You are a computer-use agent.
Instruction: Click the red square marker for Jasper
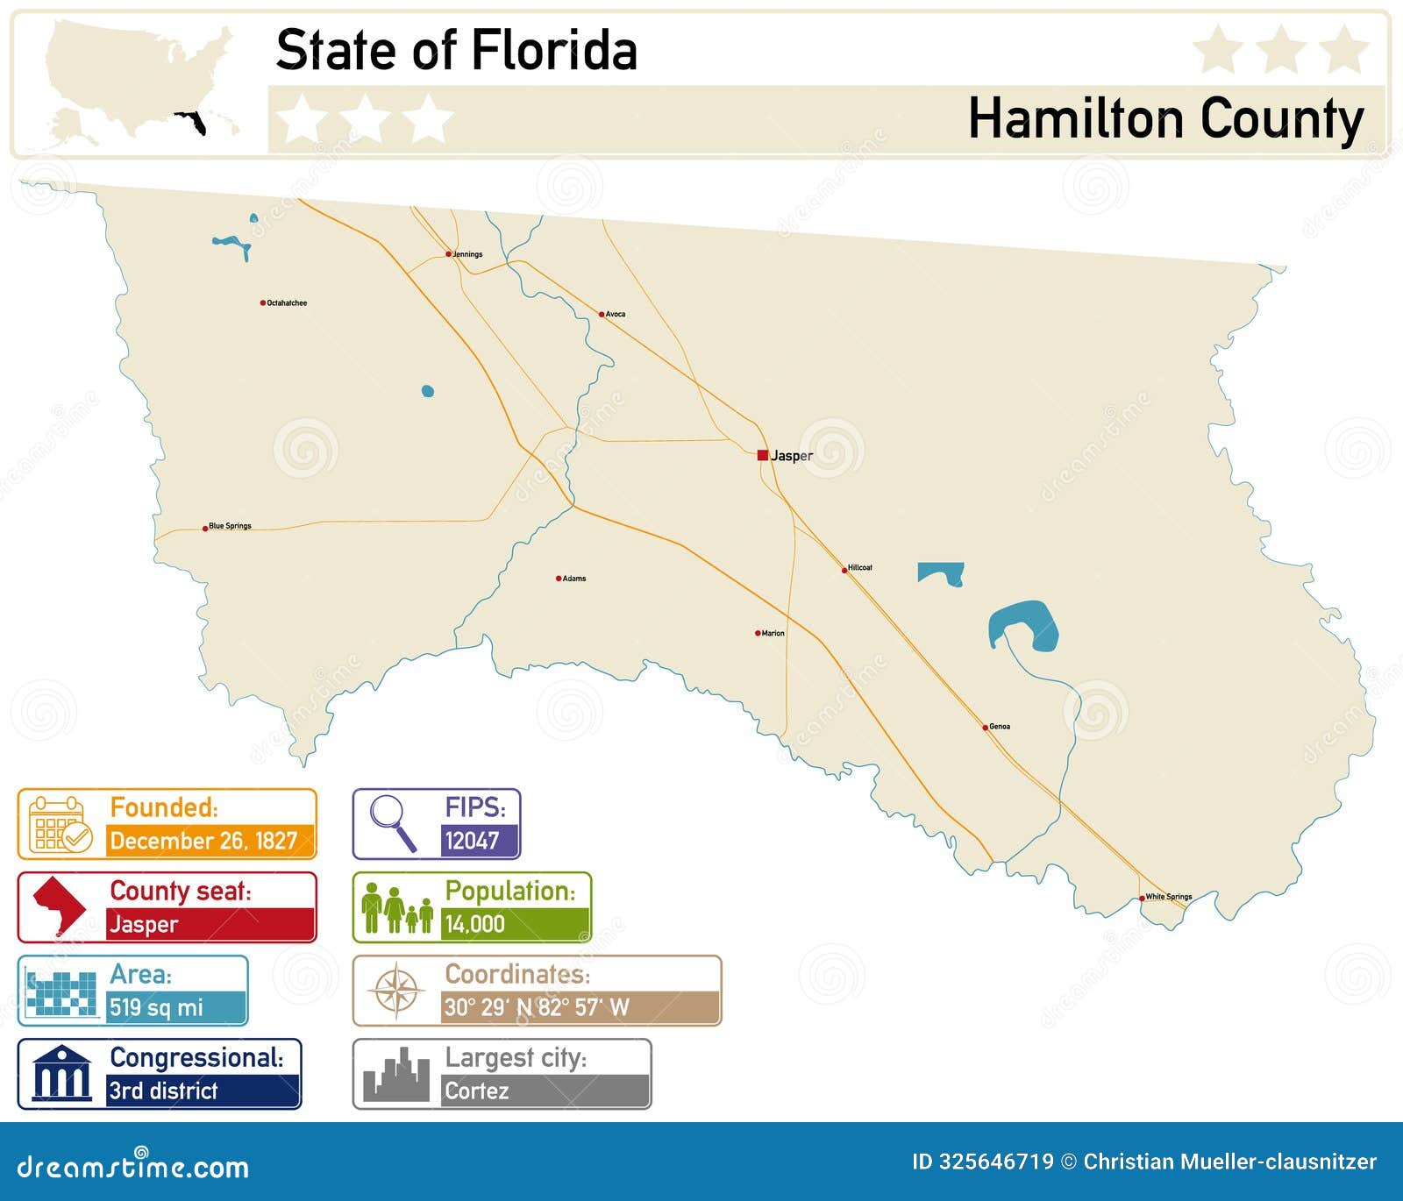pos(763,455)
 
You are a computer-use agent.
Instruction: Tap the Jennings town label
pos(467,254)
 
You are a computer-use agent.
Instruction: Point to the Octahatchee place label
pos(287,303)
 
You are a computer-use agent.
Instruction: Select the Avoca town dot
pos(602,314)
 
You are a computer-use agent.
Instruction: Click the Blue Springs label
pos(230,526)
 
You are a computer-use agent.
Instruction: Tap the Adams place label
pos(574,579)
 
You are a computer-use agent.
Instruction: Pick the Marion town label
pos(773,633)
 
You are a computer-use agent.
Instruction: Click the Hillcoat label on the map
pos(859,568)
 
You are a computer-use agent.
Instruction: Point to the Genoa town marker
pos(986,727)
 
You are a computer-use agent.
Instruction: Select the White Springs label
pos(1169,897)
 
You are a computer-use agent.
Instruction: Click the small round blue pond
pos(428,391)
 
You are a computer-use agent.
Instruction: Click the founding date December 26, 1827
pos(203,841)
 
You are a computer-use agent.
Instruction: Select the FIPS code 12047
pos(472,841)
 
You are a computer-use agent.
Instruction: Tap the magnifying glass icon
pos(391,821)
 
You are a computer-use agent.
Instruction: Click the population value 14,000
pos(474,924)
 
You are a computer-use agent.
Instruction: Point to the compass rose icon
pos(396,991)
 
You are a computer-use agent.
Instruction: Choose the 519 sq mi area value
pos(156,1007)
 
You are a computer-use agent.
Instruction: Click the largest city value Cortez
pos(476,1091)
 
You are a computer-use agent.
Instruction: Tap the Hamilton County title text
pos(1165,118)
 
